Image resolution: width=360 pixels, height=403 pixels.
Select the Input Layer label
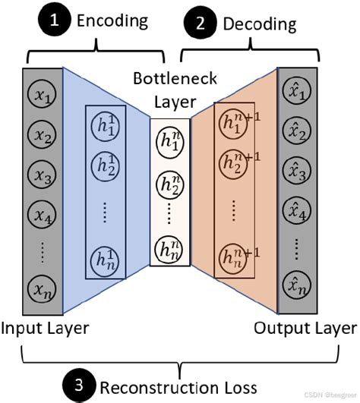[45, 328]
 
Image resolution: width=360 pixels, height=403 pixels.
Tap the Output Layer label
[305, 328]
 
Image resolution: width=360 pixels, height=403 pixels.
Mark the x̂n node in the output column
[295, 288]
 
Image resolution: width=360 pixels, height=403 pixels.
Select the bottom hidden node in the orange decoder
[233, 258]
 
